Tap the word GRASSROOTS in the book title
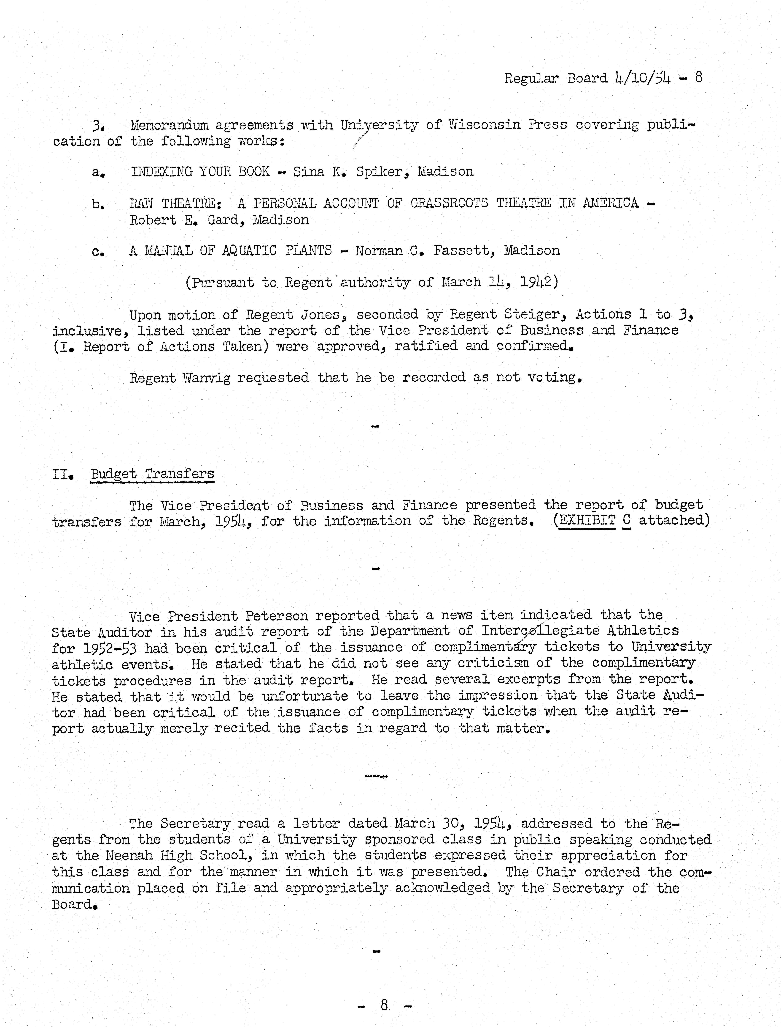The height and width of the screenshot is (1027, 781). [x=449, y=203]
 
